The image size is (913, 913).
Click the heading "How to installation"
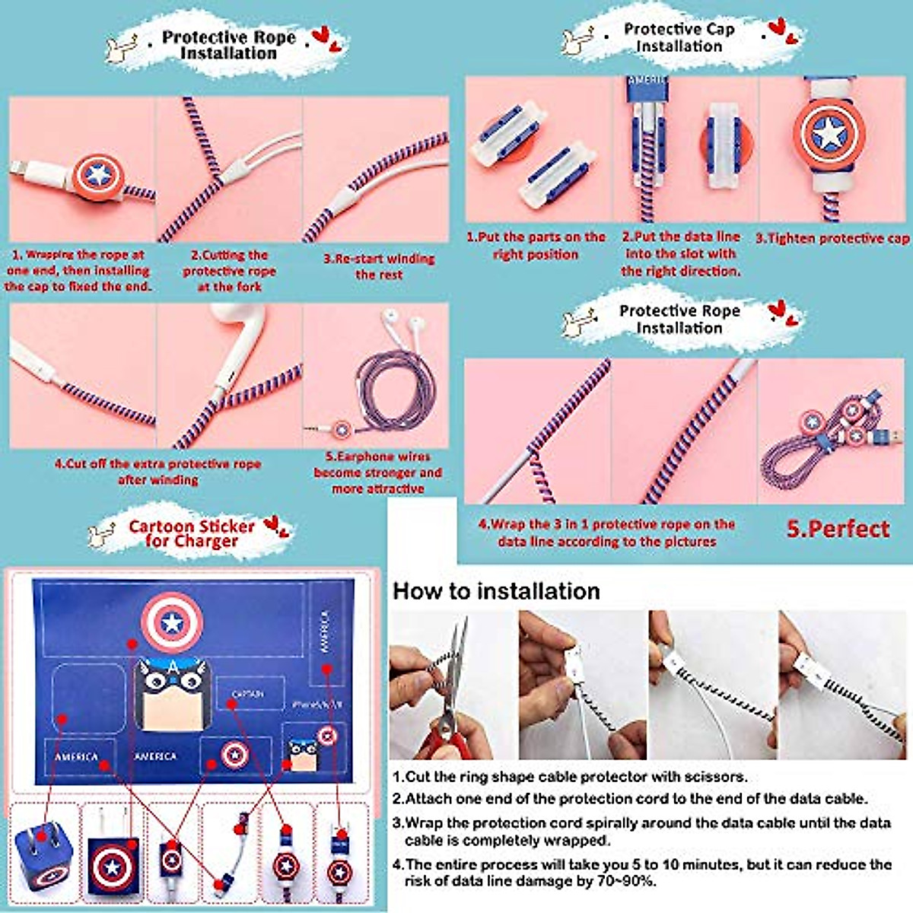[496, 591]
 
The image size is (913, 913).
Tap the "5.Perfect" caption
[837, 529]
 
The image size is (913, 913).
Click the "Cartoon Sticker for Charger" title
[191, 533]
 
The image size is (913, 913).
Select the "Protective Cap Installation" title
[679, 37]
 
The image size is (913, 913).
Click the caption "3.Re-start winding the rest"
[378, 266]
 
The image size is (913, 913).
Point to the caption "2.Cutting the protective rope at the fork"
[229, 271]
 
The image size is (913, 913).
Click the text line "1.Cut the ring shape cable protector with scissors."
[570, 777]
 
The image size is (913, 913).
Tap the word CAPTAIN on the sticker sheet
[248, 694]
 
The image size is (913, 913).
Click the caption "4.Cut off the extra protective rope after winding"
[157, 472]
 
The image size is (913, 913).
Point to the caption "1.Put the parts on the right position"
[536, 246]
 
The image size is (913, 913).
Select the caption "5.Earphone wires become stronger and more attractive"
[377, 472]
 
